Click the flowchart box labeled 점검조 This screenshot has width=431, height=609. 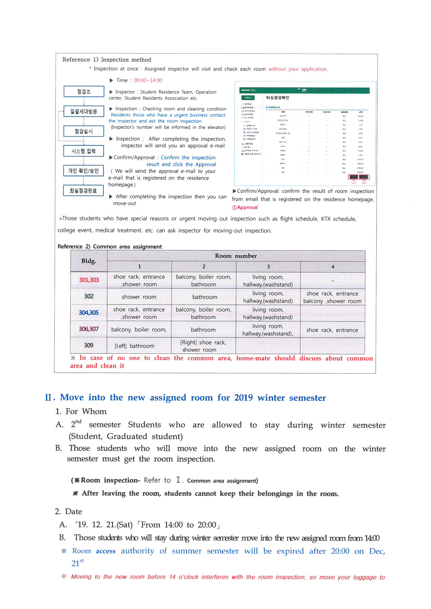[84, 91]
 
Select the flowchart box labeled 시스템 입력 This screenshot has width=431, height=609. [83, 151]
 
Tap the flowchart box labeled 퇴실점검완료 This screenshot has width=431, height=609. [83, 190]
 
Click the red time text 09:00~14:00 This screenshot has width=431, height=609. [148, 80]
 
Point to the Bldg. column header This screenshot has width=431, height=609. [89, 261]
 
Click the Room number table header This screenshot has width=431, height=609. [236, 256]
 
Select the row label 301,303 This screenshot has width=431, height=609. [89, 280]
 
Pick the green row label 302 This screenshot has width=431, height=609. [89, 296]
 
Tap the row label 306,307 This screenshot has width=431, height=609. [88, 329]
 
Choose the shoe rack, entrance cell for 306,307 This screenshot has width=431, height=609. [332, 330]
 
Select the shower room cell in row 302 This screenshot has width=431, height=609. [139, 297]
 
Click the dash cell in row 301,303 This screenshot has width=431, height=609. [332, 280]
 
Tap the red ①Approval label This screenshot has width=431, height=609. [245, 207]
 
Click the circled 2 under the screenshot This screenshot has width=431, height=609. [364, 182]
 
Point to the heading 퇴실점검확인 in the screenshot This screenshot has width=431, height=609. [277, 98]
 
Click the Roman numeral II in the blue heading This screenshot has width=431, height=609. [48, 397]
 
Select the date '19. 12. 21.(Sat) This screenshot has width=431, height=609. [104, 525]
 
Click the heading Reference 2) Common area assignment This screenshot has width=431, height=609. [110, 246]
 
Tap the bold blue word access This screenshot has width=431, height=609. [105, 551]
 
